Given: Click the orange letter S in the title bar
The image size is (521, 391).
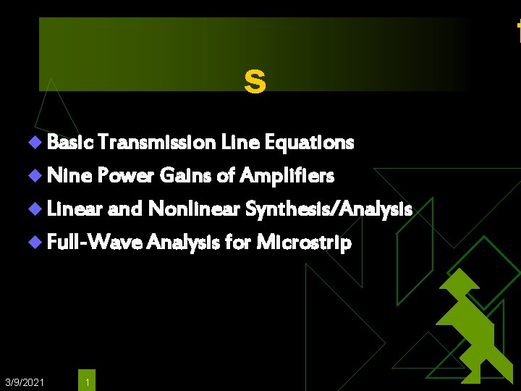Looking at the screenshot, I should (255, 81).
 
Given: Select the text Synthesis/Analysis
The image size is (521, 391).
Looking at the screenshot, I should (329, 209).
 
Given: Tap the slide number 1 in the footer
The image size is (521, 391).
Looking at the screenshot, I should (87, 382).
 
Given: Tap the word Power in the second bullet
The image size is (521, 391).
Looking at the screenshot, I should (121, 175).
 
